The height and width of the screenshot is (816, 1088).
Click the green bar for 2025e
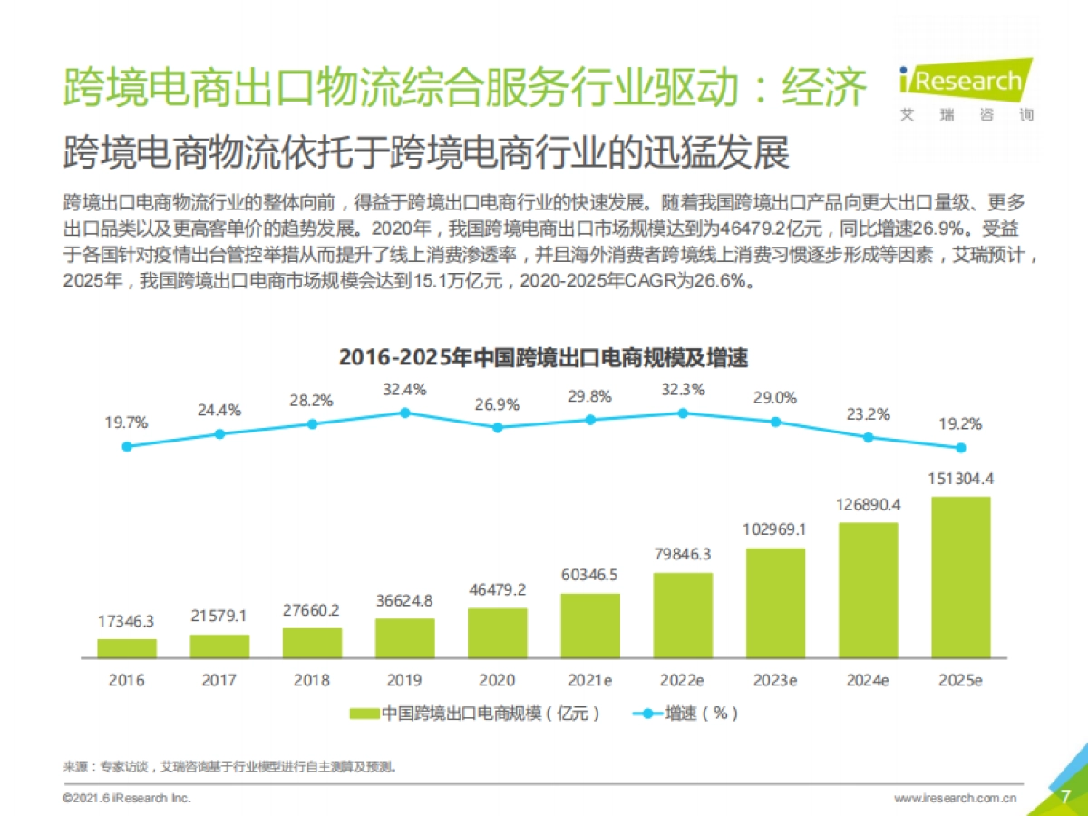pos(960,577)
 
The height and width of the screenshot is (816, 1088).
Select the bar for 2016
pos(127,647)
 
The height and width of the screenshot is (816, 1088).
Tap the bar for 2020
pos(498,632)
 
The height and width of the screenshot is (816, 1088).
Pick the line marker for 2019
pos(405,413)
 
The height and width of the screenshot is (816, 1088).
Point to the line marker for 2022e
pos(683,413)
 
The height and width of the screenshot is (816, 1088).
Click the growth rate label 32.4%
pos(404,389)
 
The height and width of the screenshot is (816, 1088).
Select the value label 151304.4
pos(960,479)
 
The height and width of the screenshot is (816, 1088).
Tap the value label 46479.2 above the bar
pos(498,589)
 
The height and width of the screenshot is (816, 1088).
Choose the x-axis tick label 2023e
pos(775,680)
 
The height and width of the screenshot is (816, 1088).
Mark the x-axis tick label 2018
pos(312,680)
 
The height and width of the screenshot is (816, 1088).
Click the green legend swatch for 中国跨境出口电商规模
pos(364,714)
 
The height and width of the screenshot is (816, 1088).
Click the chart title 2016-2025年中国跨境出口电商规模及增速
pos(543,357)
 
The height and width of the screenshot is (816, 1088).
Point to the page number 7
pos(1065,796)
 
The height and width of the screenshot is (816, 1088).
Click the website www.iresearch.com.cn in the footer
pos(955,798)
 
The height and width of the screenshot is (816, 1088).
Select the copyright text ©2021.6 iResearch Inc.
pos(127,798)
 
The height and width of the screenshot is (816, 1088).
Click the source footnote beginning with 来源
pos(230,766)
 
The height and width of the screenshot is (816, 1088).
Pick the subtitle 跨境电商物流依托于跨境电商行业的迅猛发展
pos(426,153)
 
